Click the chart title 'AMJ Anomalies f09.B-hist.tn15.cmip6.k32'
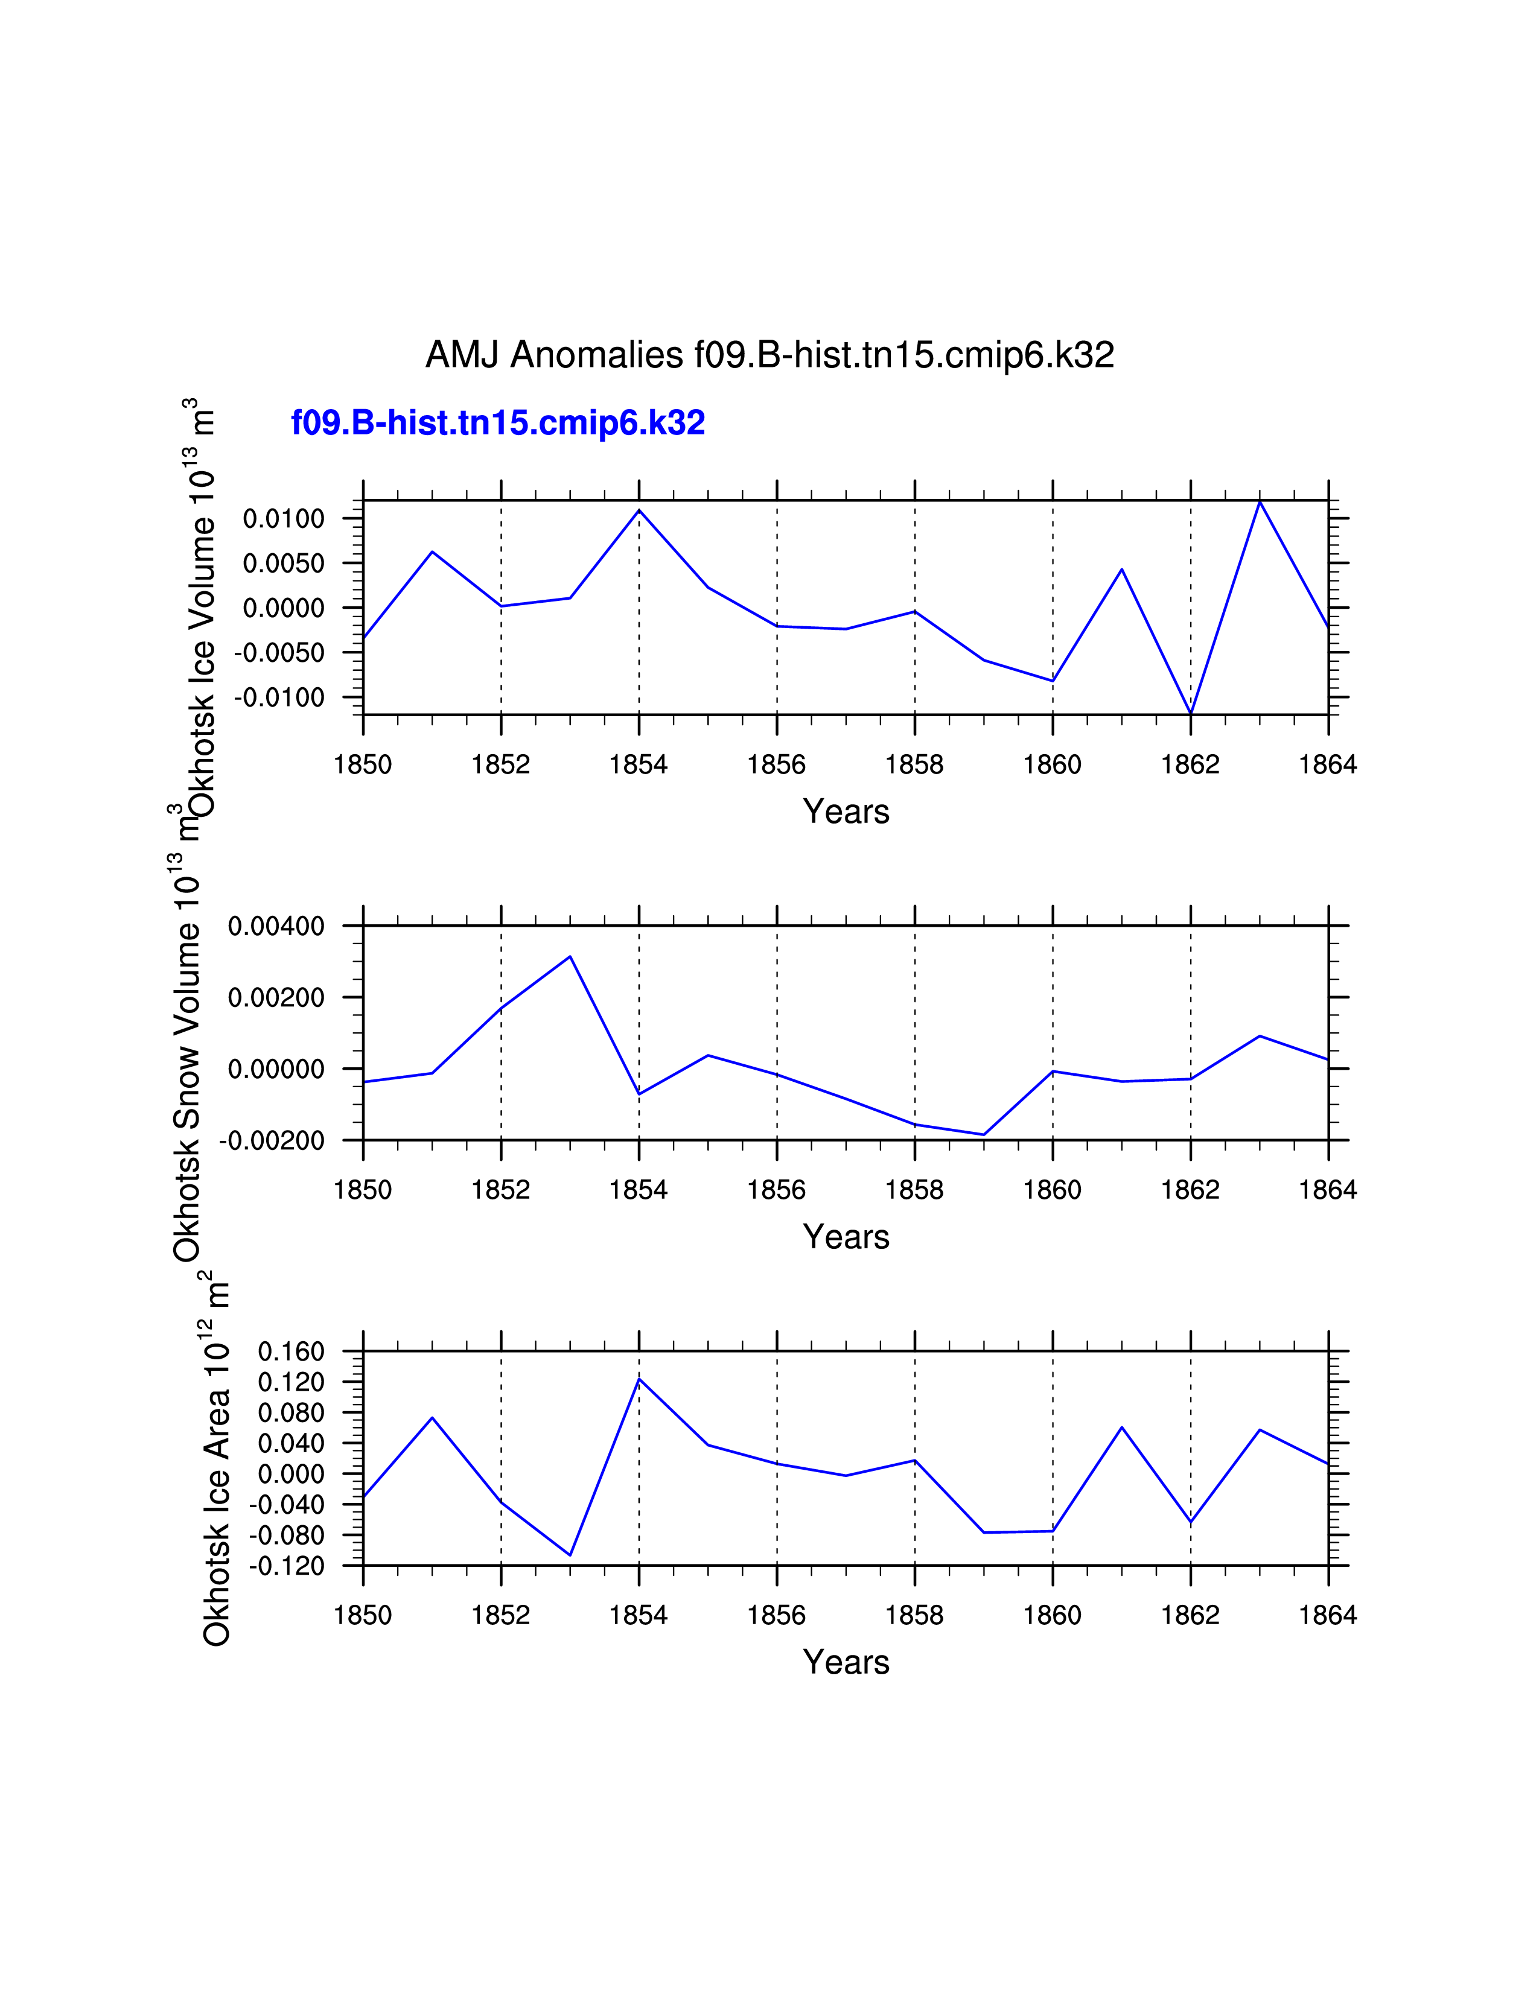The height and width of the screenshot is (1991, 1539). click(x=769, y=355)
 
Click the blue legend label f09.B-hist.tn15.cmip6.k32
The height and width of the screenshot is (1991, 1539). click(x=498, y=423)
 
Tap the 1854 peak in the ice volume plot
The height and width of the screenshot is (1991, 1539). click(x=639, y=510)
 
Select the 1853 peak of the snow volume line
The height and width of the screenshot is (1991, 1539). click(x=570, y=956)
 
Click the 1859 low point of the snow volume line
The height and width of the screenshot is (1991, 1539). click(x=984, y=1134)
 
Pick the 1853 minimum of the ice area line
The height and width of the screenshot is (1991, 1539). click(x=570, y=1554)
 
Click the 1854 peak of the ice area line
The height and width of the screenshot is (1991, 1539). click(x=639, y=1379)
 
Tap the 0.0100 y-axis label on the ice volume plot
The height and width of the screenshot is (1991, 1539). click(x=284, y=519)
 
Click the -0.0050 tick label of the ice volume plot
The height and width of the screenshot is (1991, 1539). click(x=279, y=653)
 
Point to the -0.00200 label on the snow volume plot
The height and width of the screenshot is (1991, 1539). click(x=272, y=1140)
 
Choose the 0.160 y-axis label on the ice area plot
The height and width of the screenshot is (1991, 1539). click(x=291, y=1352)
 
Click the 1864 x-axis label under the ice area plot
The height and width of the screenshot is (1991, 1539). click(x=1328, y=1615)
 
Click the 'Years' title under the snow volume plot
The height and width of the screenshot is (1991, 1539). click(x=846, y=1237)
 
